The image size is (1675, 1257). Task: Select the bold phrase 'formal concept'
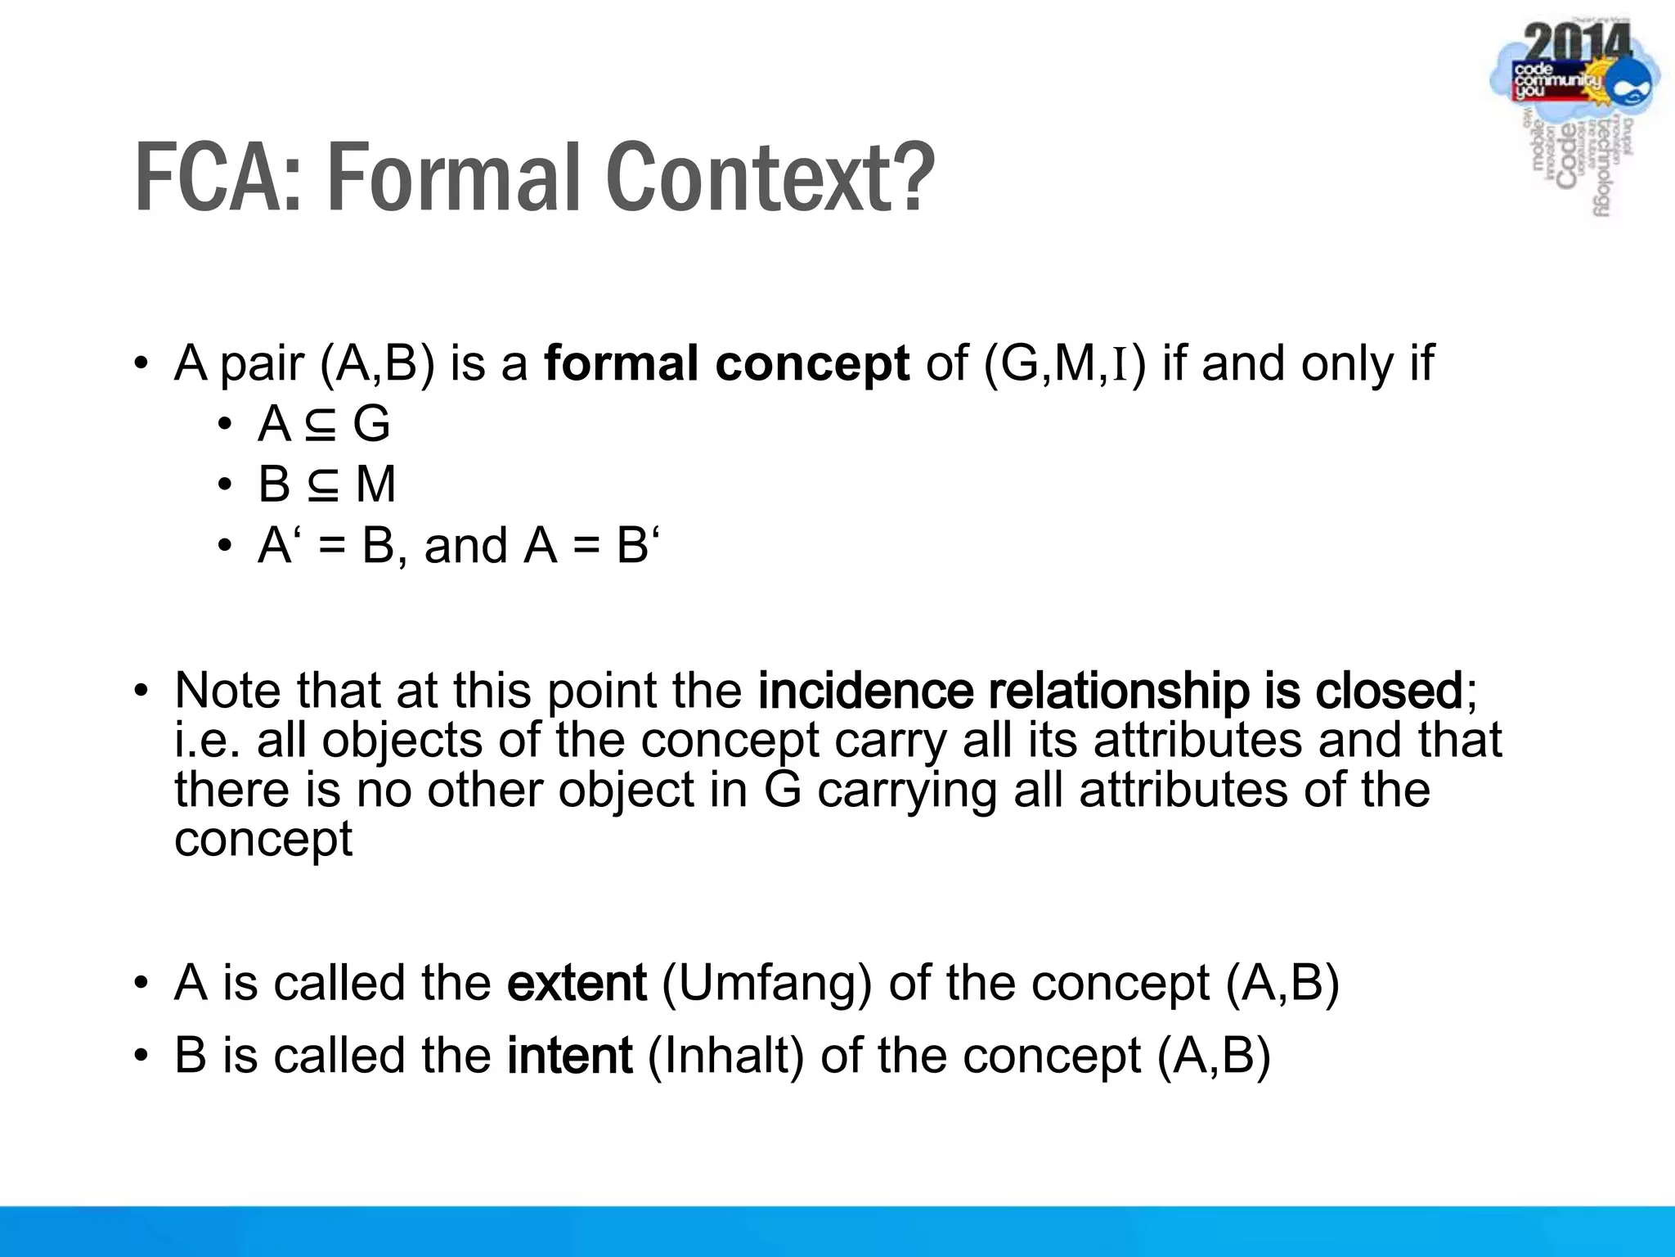tap(726, 363)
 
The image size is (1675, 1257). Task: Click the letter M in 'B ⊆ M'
tap(376, 484)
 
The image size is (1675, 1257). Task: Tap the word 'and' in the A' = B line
tap(465, 545)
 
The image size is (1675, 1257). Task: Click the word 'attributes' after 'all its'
tap(1198, 740)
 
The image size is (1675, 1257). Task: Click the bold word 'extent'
tap(577, 983)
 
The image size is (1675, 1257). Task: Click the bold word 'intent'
tap(569, 1056)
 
